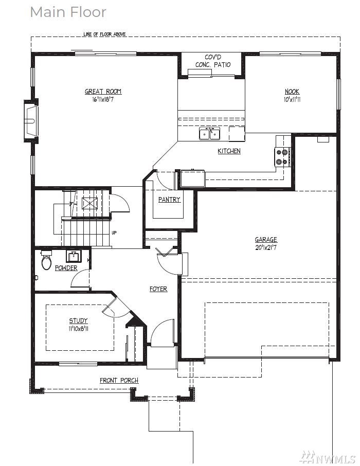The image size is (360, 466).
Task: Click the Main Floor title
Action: (68, 12)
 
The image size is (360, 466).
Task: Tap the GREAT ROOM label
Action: (103, 92)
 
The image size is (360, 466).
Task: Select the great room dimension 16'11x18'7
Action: (103, 99)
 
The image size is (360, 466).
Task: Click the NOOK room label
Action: (292, 92)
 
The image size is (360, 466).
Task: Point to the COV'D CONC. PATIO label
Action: (213, 61)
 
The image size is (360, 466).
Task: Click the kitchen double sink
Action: (210, 133)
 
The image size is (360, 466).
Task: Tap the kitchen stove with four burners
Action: (282, 157)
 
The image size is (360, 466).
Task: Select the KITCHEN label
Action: (229, 151)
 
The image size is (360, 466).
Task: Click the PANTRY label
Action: (169, 200)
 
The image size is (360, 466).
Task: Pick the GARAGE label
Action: (266, 240)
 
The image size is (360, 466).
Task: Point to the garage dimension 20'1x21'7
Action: (266, 247)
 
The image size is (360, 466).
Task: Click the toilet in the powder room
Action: (46, 260)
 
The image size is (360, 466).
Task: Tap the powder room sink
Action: (73, 255)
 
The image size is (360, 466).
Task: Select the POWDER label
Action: (66, 268)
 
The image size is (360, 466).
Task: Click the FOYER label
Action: (158, 289)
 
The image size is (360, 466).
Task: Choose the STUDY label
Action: (78, 320)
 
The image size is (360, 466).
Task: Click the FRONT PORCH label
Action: (119, 381)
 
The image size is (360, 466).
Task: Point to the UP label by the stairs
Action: (114, 232)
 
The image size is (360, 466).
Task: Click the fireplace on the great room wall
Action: (31, 121)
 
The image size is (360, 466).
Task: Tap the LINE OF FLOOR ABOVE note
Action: (104, 34)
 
